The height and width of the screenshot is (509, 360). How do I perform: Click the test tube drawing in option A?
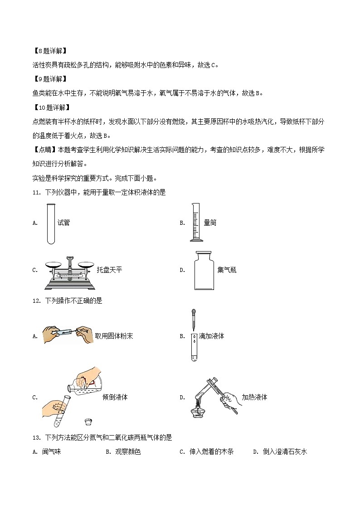point(51,223)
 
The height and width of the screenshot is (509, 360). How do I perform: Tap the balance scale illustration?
point(69,271)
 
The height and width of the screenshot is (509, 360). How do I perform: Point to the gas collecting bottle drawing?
point(203,271)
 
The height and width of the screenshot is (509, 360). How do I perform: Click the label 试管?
point(63,223)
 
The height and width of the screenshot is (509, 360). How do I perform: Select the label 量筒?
point(210,223)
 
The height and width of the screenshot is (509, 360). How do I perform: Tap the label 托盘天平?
point(109,270)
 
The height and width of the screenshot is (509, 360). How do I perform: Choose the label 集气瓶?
point(227,270)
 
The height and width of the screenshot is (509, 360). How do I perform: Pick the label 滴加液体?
point(211,336)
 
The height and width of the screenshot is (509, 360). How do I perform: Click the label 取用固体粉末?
point(114,336)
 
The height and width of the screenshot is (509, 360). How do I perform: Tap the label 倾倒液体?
point(115,397)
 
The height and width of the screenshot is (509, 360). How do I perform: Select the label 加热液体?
point(254,397)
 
